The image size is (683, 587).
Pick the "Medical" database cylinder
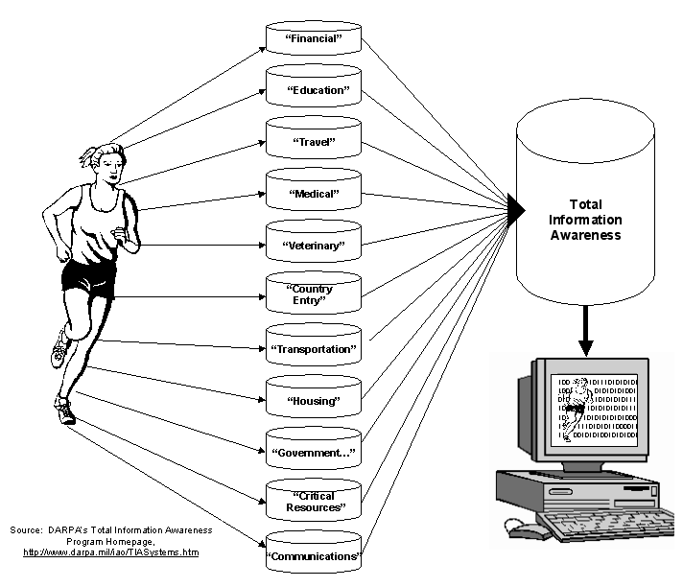313,192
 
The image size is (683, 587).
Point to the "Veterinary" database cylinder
313,244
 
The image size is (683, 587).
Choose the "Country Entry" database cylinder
313,294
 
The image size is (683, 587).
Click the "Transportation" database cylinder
313,347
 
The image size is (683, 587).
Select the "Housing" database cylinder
313,399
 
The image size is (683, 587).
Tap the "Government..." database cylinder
313,450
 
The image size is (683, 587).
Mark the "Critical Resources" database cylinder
313,502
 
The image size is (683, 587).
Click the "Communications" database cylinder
313,553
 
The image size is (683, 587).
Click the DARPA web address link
110,552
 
